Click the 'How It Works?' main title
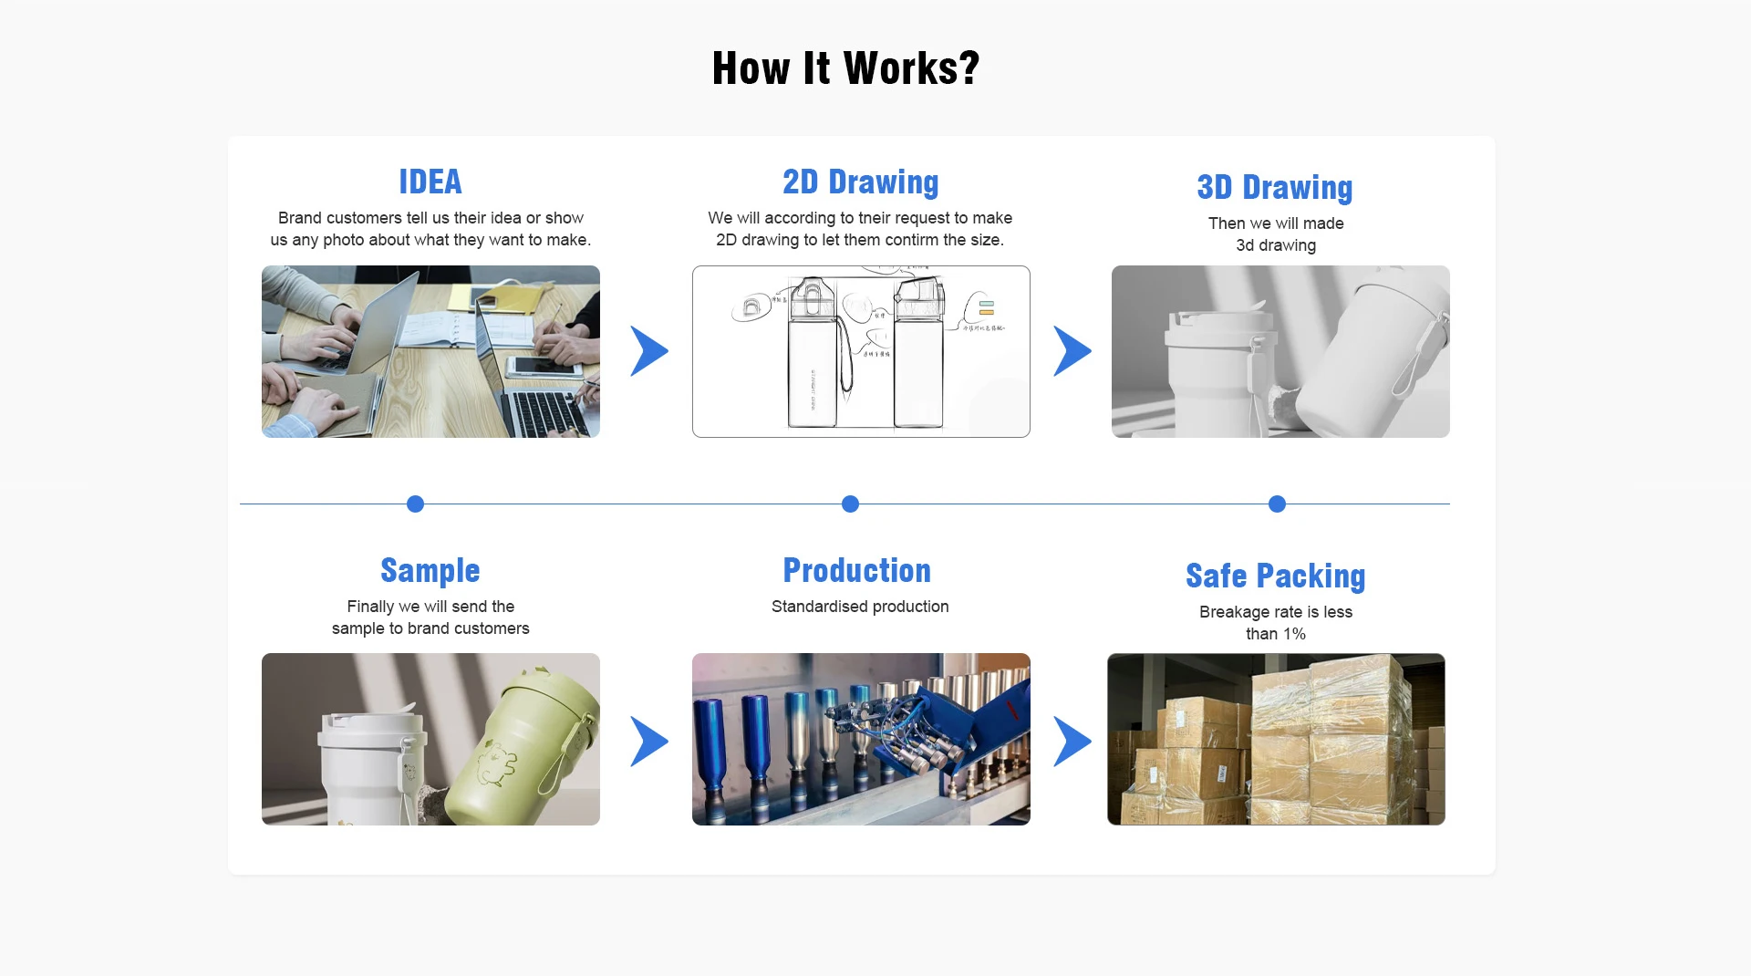pos(845,68)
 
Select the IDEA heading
pos(430,182)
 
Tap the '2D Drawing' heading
pos(860,182)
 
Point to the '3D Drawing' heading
pos(1275,187)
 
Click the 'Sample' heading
pos(430,570)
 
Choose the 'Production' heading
pos(857,570)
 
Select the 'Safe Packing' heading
pos(1275,576)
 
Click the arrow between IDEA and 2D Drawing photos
pos(648,351)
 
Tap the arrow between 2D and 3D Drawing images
pos(1072,351)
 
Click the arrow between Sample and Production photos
pos(648,741)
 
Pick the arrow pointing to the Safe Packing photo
pos(1072,741)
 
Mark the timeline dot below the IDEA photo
pos(415,504)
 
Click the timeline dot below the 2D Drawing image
pos(850,504)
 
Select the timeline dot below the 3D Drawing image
pos(1277,504)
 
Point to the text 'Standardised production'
pos(860,607)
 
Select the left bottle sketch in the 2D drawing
pos(812,356)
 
